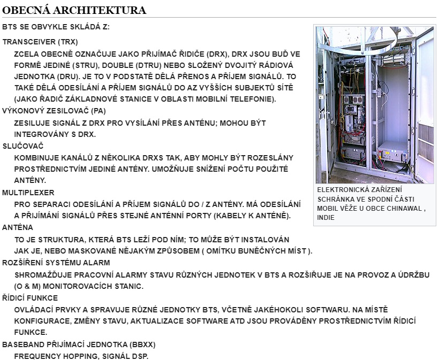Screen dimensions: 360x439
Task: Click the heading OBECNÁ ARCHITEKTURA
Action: pos(74,10)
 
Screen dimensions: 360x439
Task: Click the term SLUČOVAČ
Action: pos(22,145)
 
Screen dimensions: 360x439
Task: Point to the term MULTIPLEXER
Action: pos(28,192)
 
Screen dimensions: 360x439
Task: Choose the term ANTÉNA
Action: pos(18,227)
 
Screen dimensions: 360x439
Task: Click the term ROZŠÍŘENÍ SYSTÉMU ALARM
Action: pos(56,263)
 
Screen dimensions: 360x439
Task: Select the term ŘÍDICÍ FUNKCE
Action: pos(30,297)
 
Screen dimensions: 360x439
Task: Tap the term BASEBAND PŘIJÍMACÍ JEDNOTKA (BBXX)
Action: pos(79,343)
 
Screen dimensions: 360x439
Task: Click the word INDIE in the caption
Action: pos(326,218)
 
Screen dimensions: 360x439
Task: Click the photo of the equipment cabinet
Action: pos(375,104)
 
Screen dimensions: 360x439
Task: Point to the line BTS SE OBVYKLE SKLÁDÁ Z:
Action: pos(56,27)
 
